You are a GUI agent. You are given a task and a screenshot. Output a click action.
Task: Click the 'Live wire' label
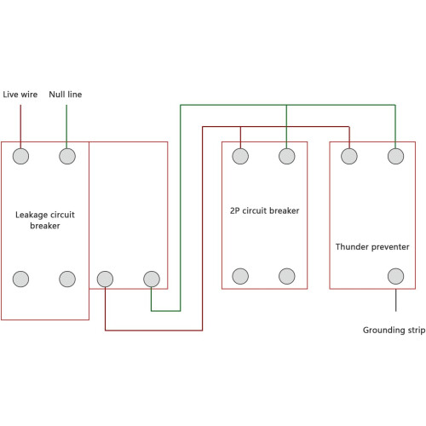(x=20, y=95)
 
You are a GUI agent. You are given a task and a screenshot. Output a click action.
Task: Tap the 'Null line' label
(x=66, y=95)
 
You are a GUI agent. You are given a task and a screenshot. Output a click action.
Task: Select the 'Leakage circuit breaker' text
(x=45, y=220)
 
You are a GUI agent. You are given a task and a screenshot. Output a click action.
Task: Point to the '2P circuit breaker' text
(x=264, y=210)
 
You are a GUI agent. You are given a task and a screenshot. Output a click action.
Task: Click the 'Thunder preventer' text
(x=372, y=247)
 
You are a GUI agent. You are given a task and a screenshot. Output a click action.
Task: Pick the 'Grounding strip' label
(x=394, y=330)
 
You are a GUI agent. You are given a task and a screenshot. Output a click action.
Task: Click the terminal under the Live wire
(x=20, y=156)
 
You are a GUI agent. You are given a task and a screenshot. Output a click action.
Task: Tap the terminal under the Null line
(x=67, y=156)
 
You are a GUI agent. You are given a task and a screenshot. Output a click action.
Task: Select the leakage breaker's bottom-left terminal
(x=20, y=279)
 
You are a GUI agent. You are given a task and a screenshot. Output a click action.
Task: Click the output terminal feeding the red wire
(x=105, y=279)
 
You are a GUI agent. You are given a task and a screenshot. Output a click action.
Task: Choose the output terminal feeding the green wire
(x=152, y=279)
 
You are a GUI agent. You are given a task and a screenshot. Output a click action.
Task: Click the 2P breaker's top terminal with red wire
(x=240, y=156)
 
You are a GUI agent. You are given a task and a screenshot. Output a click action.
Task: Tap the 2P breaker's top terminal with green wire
(x=287, y=156)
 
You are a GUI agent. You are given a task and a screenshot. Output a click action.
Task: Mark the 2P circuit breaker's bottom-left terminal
(x=240, y=276)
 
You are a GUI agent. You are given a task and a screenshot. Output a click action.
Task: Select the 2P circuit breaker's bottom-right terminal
(x=287, y=276)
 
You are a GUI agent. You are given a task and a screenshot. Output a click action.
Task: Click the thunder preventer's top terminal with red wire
(x=349, y=156)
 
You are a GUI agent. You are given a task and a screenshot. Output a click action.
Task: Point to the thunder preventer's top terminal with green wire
(x=395, y=156)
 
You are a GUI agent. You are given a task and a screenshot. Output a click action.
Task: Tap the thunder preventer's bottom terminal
(x=395, y=276)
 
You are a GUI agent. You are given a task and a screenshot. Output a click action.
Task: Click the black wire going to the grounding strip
(x=395, y=301)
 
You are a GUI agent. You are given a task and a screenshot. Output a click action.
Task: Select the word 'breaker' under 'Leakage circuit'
(x=45, y=226)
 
